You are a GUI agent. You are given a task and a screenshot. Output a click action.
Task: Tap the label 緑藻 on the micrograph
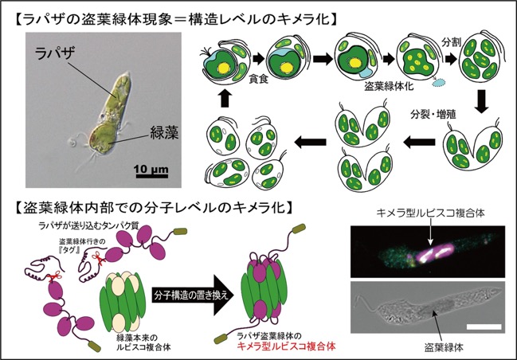point(165,133)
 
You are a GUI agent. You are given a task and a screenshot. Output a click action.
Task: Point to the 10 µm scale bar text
point(151,170)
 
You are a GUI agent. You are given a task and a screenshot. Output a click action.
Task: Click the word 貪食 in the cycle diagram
point(258,80)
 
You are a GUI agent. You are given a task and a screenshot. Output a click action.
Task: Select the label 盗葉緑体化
point(389,86)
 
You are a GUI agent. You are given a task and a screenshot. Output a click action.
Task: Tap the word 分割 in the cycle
point(452,41)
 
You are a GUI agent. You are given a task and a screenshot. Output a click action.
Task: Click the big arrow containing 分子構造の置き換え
point(193,295)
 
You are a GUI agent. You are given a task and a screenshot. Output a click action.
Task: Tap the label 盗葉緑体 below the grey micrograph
point(444,346)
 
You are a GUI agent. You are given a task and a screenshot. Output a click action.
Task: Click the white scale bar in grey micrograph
point(484,327)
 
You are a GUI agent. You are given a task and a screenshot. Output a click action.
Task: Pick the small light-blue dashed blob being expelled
point(439,82)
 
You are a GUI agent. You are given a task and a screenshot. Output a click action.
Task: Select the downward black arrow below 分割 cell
point(480,102)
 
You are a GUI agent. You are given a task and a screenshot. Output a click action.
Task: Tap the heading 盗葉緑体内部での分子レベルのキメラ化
point(153,209)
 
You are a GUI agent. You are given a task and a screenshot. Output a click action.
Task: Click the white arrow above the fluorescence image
point(431,233)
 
